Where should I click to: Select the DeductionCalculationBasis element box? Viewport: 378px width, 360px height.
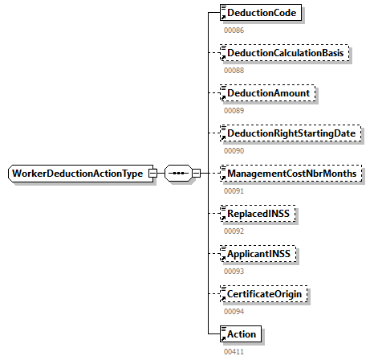[286, 53]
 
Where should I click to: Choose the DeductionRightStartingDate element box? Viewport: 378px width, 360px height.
[291, 133]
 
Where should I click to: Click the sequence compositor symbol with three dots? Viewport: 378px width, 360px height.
[177, 174]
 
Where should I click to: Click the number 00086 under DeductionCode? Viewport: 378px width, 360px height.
[234, 31]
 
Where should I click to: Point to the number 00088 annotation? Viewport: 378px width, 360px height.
[234, 71]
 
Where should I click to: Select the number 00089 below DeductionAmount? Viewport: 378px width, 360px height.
[234, 111]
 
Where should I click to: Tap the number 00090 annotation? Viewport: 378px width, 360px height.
[234, 151]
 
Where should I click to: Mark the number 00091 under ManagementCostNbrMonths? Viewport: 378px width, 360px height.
[234, 191]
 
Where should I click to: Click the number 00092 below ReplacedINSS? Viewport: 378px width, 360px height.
[234, 231]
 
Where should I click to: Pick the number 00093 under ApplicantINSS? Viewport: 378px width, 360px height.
[234, 272]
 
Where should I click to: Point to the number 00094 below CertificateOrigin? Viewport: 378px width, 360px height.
[234, 312]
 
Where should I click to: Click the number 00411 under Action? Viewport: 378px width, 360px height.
[234, 352]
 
